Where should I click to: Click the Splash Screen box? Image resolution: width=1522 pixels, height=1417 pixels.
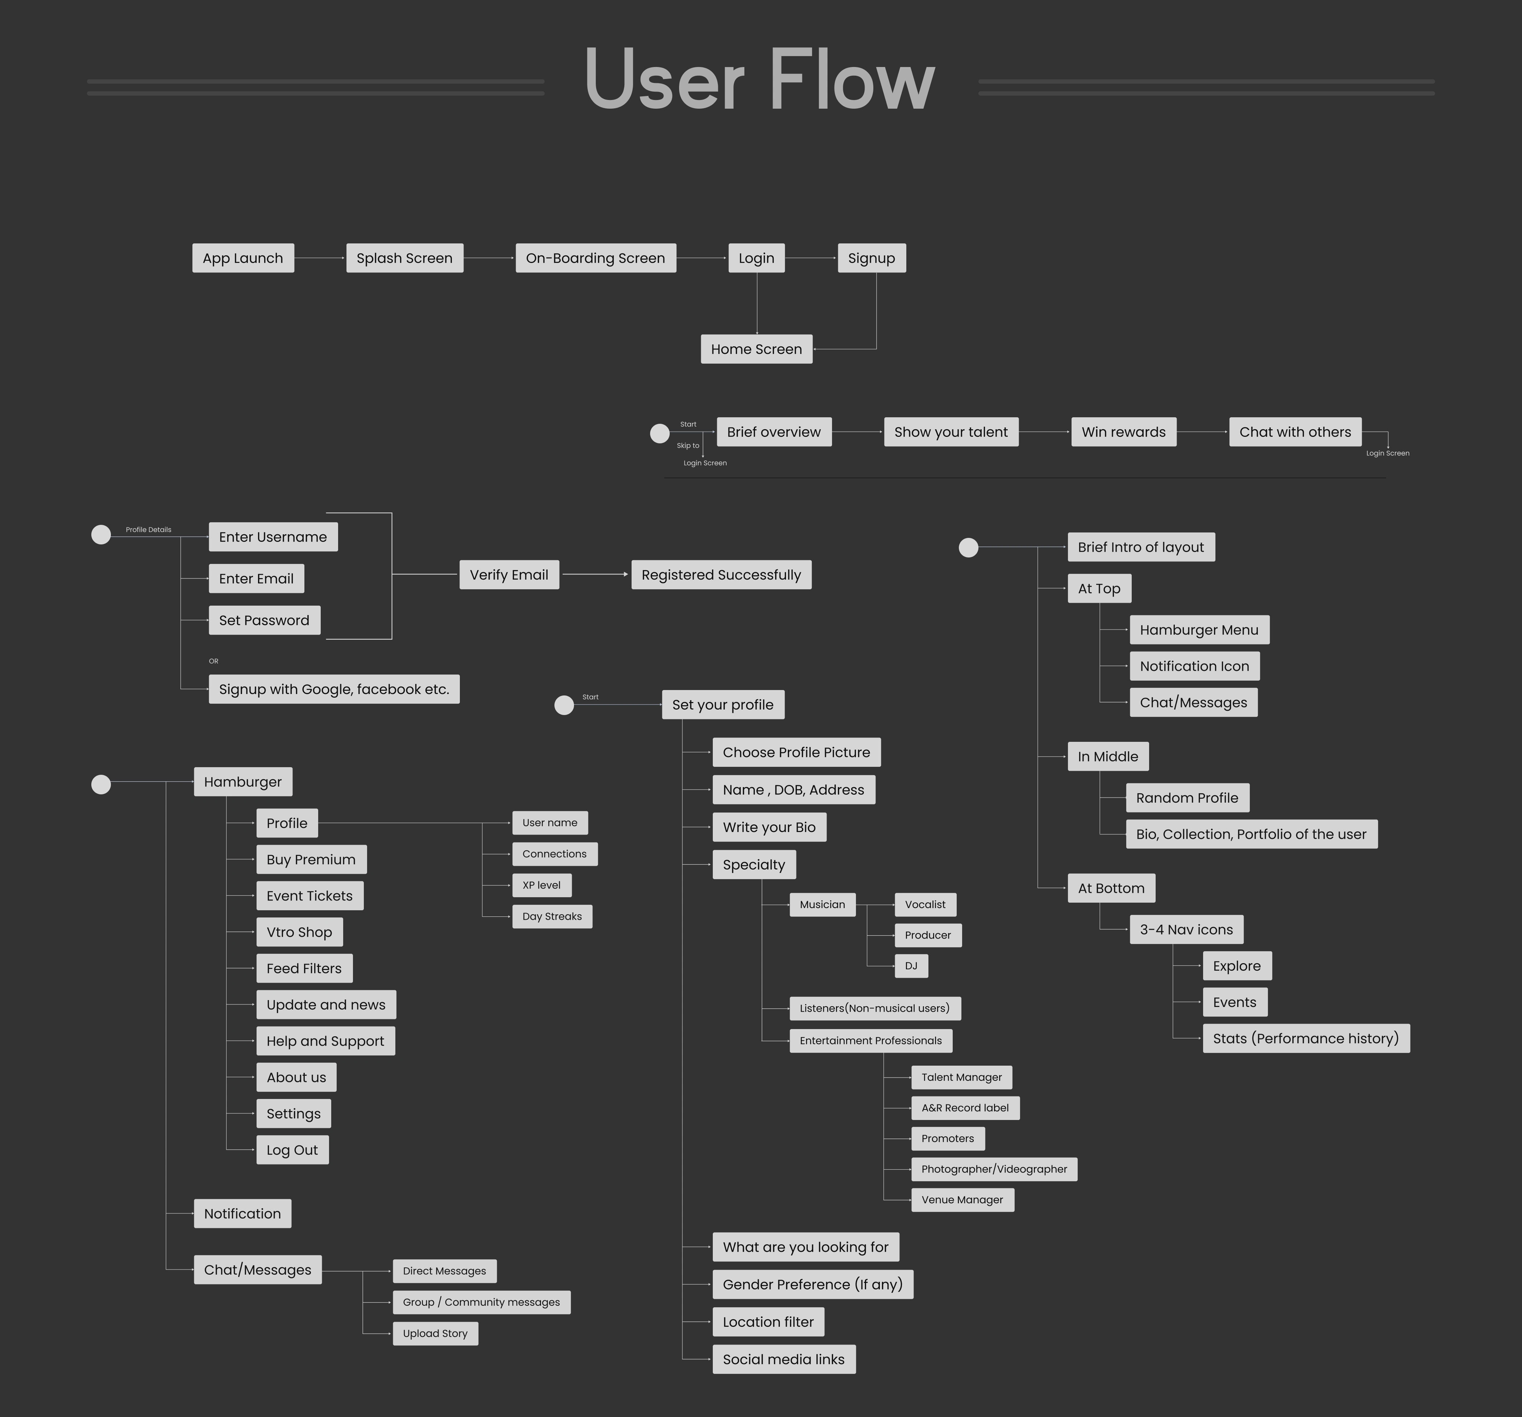point(404,258)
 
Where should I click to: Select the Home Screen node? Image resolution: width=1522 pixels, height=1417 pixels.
point(756,349)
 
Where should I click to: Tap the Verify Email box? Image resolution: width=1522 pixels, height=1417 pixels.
point(509,574)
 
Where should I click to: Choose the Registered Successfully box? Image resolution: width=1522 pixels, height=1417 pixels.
point(721,574)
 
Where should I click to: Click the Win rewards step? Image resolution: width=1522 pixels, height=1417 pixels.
point(1123,431)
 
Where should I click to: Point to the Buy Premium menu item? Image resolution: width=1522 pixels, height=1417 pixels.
point(311,859)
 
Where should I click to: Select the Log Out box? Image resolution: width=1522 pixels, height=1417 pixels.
point(292,1150)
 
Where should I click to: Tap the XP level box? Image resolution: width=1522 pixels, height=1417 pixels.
point(541,885)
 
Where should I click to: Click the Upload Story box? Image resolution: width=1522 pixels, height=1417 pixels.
point(435,1334)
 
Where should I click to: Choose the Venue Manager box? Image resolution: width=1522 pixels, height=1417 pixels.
point(962,1200)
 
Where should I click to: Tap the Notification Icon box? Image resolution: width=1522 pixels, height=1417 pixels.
point(1194,666)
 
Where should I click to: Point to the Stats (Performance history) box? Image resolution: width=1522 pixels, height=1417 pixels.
point(1305,1038)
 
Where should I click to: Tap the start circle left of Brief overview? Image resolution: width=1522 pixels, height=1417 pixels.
point(659,434)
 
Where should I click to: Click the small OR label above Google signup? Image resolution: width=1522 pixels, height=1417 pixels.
point(213,661)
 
